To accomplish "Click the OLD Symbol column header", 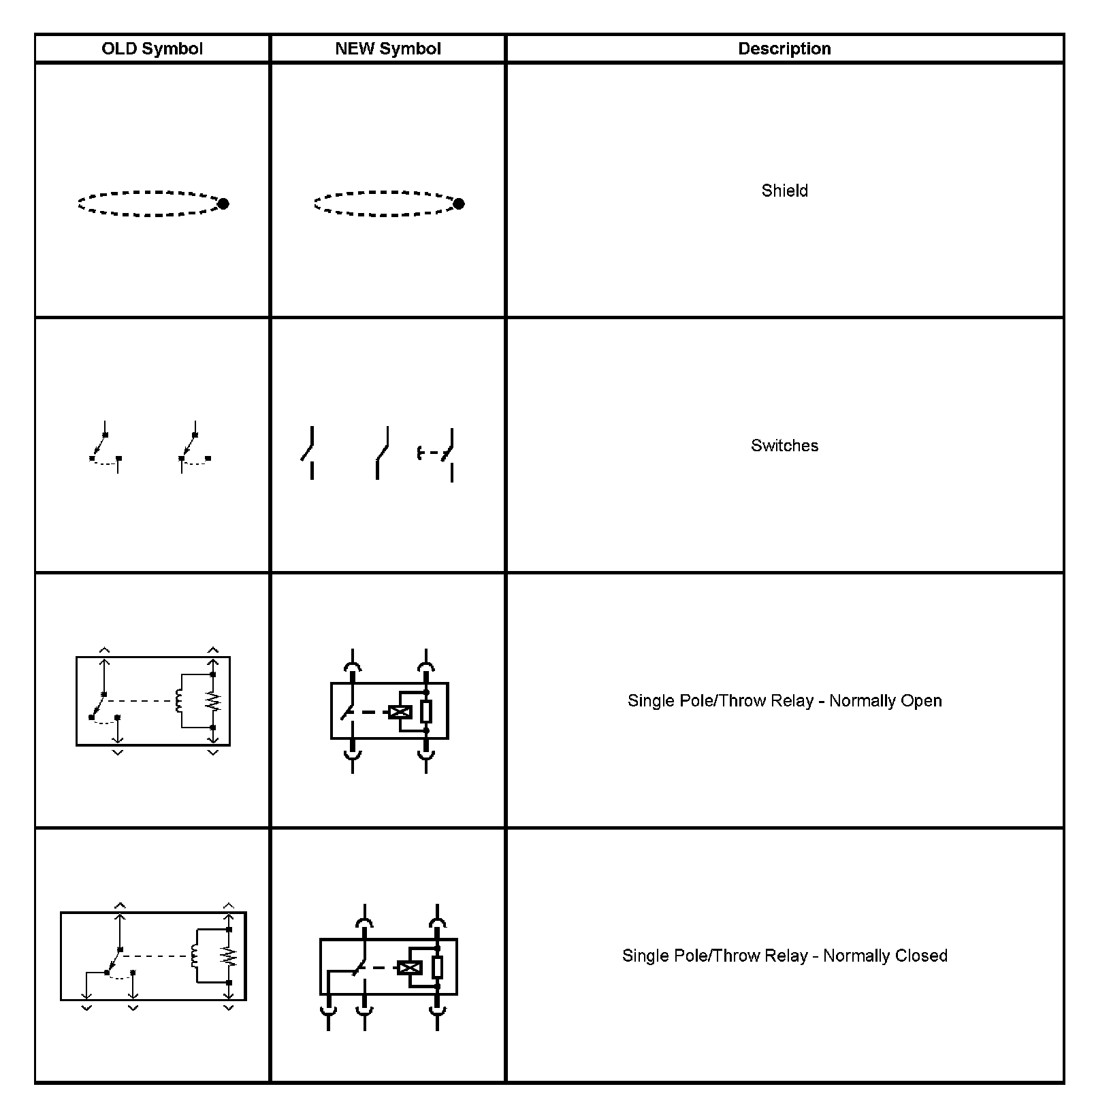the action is (152, 49).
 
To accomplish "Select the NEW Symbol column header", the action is (388, 49).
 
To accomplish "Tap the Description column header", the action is (784, 49).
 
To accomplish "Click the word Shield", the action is (784, 191).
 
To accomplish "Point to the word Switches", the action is (784, 446).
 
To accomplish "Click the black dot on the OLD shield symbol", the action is (223, 203).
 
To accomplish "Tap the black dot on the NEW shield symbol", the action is (459, 203).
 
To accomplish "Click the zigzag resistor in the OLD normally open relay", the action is (213, 701).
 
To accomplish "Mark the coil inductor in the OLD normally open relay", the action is (179, 701).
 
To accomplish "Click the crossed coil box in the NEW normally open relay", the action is (400, 712).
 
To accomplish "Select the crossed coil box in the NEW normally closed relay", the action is (410, 967).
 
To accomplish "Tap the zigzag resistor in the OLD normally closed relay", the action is (229, 956).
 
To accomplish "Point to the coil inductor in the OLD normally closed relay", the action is (195, 956).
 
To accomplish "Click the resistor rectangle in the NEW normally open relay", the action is (426, 712).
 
